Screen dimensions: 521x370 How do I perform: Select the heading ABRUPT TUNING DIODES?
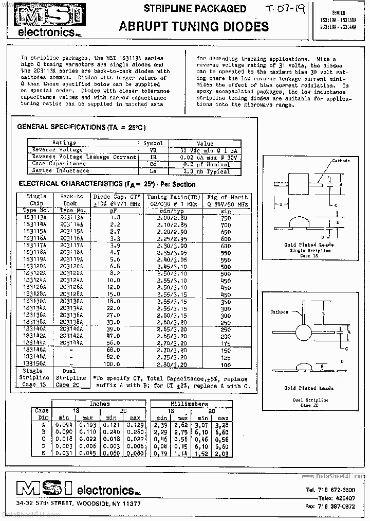click(194, 27)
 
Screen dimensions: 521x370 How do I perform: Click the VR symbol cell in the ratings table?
click(153, 150)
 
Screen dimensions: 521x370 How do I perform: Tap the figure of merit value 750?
click(226, 218)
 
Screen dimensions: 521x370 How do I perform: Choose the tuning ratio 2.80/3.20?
click(173, 363)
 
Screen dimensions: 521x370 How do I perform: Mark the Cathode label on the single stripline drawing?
click(341, 161)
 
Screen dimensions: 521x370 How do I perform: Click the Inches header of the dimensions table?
click(99, 404)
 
